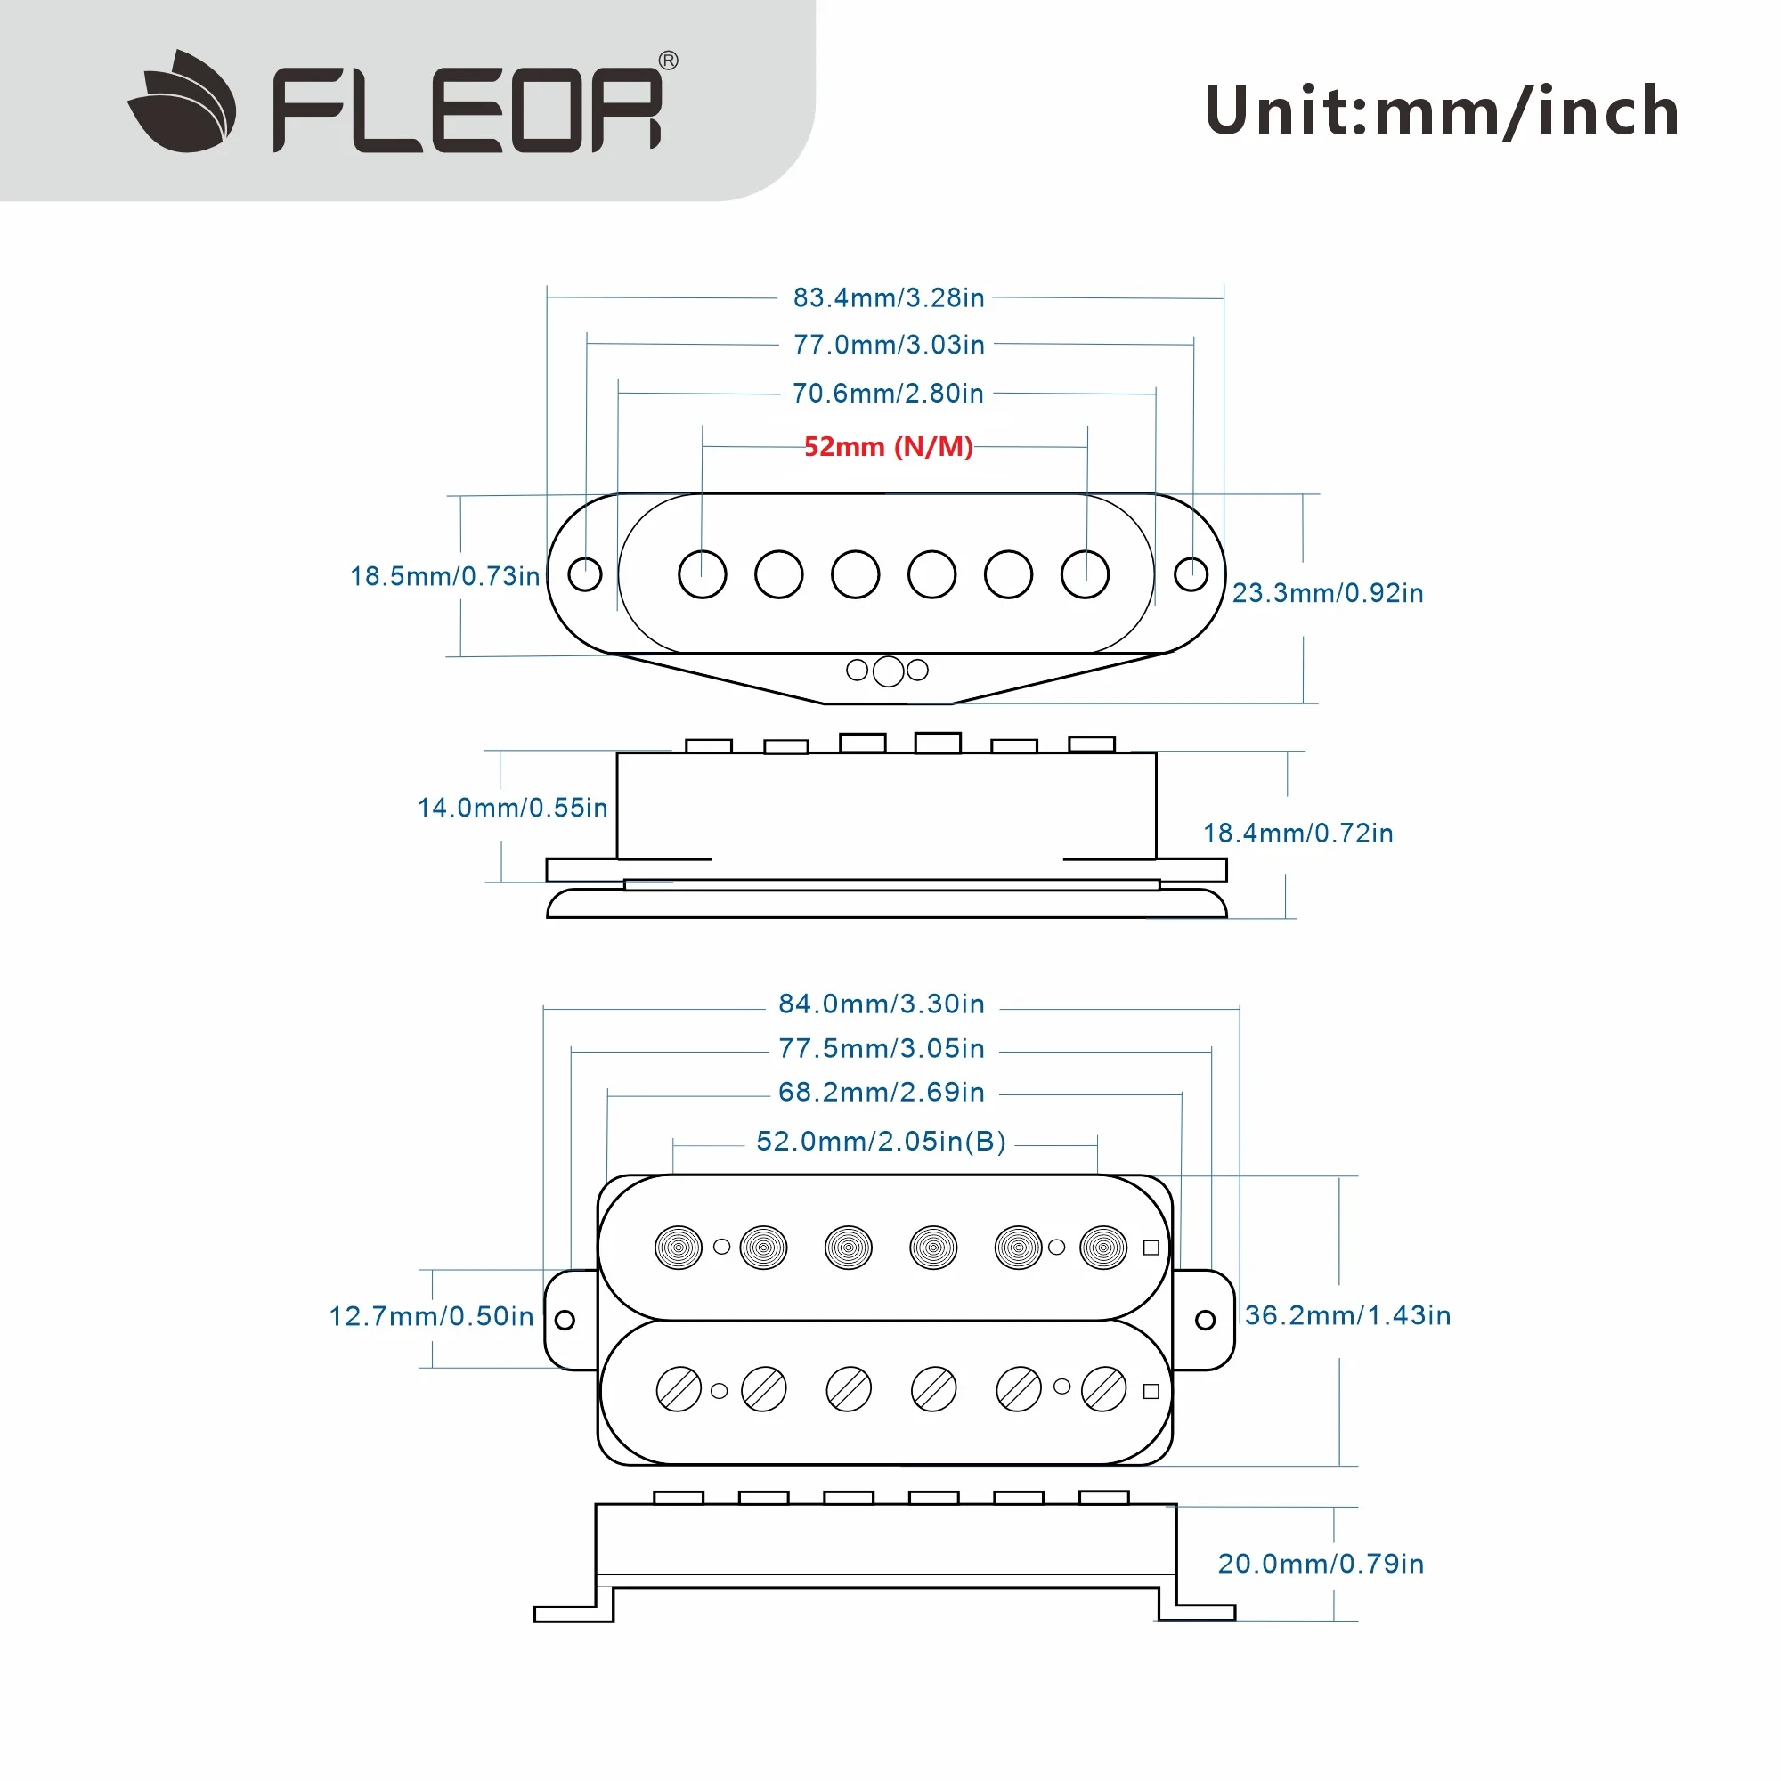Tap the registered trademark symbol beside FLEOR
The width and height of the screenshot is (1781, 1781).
point(669,61)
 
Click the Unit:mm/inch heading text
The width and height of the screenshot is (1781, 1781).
point(1442,111)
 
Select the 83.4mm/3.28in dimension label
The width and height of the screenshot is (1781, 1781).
point(889,297)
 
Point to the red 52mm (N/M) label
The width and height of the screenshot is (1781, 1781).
point(889,447)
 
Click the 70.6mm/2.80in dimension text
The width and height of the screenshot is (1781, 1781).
point(889,394)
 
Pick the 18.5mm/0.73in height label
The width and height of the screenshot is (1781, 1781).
point(444,576)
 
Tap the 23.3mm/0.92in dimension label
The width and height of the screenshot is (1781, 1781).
point(1328,593)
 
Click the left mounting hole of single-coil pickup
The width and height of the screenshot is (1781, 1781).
point(584,574)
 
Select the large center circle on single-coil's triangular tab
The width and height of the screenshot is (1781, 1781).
point(888,671)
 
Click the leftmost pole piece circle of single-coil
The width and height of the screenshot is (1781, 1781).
point(703,574)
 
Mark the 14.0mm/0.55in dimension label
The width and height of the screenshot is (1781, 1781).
point(513,809)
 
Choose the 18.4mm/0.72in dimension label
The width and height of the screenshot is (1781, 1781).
point(1298,834)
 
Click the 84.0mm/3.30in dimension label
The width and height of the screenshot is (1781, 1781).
point(882,1004)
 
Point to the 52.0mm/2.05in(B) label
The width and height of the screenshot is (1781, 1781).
point(882,1142)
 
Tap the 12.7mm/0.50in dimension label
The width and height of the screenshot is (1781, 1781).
point(431,1316)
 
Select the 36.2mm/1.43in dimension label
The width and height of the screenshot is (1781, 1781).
point(1347,1315)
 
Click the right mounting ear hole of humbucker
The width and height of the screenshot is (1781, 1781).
point(1205,1320)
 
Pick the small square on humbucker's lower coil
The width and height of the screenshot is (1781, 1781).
point(1151,1391)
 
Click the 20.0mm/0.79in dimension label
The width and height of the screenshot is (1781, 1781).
point(1321,1565)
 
